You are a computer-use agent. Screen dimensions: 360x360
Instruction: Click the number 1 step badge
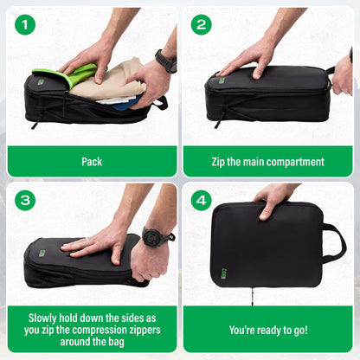26,24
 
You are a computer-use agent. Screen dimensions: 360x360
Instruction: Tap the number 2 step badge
202,24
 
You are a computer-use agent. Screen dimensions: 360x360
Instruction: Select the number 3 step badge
26,201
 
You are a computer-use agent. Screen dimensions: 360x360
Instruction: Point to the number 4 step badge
202,201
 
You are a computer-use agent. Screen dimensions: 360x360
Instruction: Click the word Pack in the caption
92,161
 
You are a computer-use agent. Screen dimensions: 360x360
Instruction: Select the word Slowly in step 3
46,317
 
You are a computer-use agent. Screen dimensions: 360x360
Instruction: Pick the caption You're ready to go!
267,330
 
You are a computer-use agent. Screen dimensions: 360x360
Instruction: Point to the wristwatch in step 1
165,61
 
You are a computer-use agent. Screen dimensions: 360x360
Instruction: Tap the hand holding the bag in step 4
275,196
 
